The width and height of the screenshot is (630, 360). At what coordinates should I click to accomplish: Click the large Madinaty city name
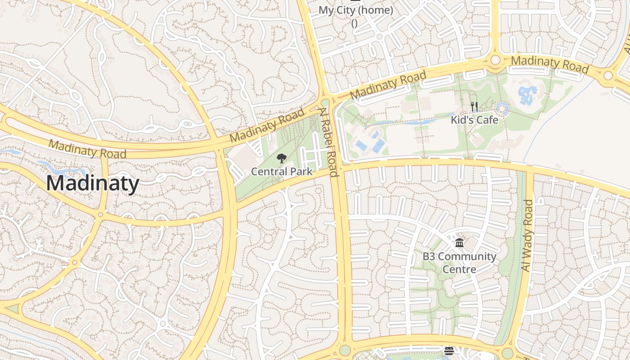pos(93,184)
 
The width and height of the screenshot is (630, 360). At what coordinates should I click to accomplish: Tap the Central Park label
pos(282,171)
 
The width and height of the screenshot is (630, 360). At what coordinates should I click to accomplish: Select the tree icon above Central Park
pos(282,158)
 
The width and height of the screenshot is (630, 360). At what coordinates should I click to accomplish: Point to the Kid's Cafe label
pos(474,120)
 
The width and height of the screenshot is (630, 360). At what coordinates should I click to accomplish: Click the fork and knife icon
pos(474,107)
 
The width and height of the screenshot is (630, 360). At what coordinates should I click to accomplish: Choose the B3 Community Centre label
pos(459,263)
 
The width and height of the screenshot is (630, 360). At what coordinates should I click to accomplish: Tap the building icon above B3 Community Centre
pos(459,243)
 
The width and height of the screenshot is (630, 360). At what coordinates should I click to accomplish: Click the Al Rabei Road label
pos(329,142)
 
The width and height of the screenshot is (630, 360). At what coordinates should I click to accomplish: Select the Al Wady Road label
pos(527,235)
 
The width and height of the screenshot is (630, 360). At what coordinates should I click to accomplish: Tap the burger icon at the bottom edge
pos(449,351)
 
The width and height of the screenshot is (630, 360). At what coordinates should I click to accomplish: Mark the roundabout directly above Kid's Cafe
pos(495,59)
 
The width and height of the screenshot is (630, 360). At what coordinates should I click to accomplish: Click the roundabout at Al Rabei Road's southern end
pos(345,350)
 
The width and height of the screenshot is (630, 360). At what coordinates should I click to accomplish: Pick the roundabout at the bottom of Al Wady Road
pos(507,353)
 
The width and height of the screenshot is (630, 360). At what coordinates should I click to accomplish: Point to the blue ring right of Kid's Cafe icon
pos(502,108)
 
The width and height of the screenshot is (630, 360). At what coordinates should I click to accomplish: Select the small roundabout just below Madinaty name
pos(100,215)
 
